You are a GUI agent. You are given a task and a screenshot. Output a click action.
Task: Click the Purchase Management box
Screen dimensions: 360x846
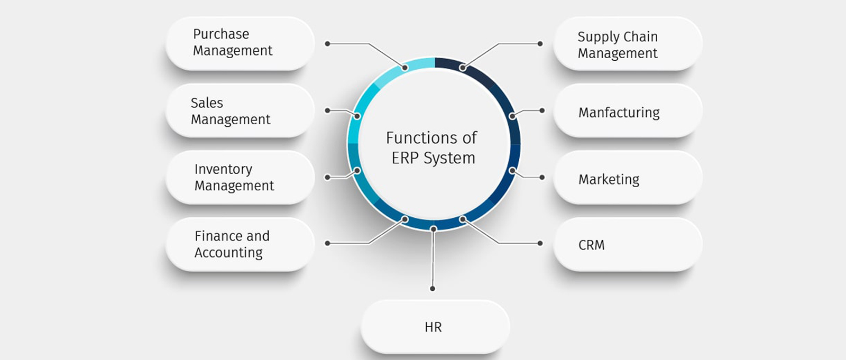[240, 43]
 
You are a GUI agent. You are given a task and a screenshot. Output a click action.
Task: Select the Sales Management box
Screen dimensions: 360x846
[240, 110]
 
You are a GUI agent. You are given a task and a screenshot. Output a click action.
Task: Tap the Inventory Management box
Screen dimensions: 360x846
[240, 177]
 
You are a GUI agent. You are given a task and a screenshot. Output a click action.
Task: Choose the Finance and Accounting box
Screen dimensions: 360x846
[240, 244]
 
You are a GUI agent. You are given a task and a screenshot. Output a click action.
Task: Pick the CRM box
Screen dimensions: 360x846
[628, 244]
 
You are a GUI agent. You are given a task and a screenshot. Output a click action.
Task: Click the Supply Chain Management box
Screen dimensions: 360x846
[628, 44]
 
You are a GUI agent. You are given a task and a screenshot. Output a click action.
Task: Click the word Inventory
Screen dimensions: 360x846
[223, 169]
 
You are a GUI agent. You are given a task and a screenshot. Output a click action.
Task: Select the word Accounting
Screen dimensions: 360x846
[228, 253]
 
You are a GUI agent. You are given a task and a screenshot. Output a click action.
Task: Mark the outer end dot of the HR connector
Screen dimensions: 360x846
[433, 289]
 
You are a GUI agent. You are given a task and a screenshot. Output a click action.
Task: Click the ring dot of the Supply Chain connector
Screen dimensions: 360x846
[463, 68]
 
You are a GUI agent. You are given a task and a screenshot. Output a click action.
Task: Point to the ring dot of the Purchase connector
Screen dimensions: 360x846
[405, 68]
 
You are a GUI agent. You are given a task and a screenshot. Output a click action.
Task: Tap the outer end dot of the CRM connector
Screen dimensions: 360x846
[540, 243]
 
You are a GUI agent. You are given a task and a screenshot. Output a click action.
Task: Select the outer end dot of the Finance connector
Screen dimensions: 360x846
[328, 243]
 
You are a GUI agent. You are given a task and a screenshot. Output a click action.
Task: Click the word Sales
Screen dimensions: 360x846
[207, 103]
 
